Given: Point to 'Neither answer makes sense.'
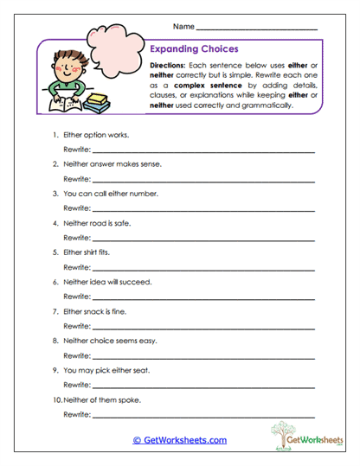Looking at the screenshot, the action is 106,163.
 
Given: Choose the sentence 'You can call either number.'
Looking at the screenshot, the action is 106,194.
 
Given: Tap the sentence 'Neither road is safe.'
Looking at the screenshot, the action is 95,222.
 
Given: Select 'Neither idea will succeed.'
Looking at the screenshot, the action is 102,282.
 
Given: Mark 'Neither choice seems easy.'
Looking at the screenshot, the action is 106,341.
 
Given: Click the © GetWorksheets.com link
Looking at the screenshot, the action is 180,439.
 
